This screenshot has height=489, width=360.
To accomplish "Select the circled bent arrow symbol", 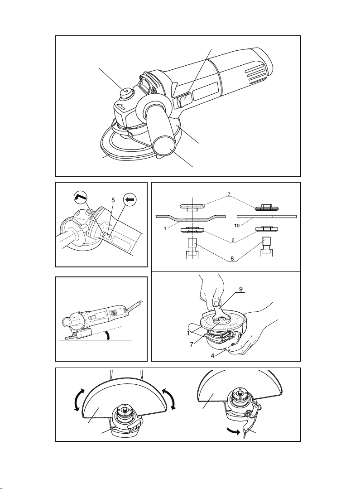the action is point(80,199).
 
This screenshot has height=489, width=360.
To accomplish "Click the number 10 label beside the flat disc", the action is point(237,226).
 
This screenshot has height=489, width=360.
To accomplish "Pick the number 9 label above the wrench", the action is point(241,289).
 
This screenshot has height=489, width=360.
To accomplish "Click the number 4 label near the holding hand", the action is point(212,355).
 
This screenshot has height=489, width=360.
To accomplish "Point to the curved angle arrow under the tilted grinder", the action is point(107,336).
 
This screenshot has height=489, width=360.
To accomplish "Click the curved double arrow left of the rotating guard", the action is point(77,400).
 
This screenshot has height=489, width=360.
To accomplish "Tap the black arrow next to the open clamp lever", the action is point(234,431).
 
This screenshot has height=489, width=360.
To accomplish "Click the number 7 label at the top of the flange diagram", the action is point(229,194).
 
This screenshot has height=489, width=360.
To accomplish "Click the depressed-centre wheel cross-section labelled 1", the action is point(191,218).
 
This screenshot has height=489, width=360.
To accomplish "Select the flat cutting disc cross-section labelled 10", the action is point(267,216).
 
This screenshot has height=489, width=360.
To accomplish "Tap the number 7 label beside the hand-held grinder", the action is point(192,345).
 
